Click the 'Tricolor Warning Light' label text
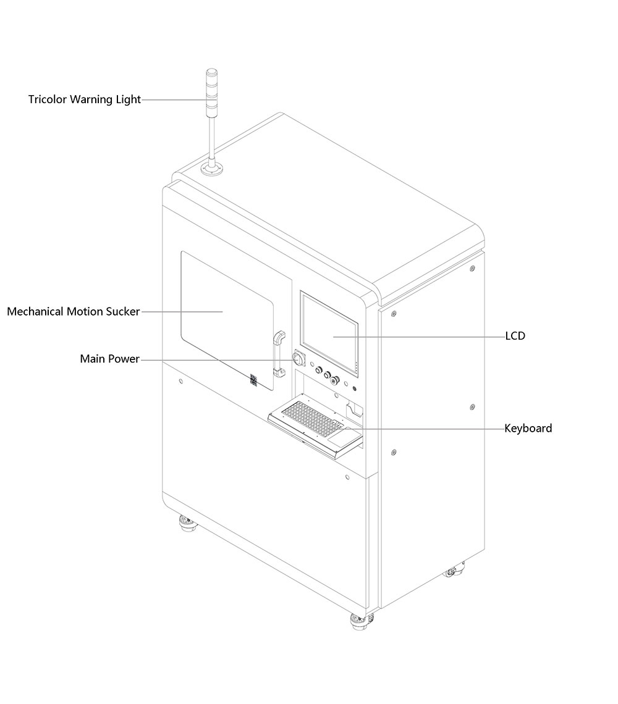[85, 99]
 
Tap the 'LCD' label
[515, 337]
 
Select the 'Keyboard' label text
[528, 429]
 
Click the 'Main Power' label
[109, 359]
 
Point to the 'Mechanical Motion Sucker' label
[73, 312]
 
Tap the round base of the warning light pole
[211, 169]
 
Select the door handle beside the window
[277, 354]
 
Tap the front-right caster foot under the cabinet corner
[359, 621]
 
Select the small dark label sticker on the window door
[253, 380]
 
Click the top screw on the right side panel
[472, 268]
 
